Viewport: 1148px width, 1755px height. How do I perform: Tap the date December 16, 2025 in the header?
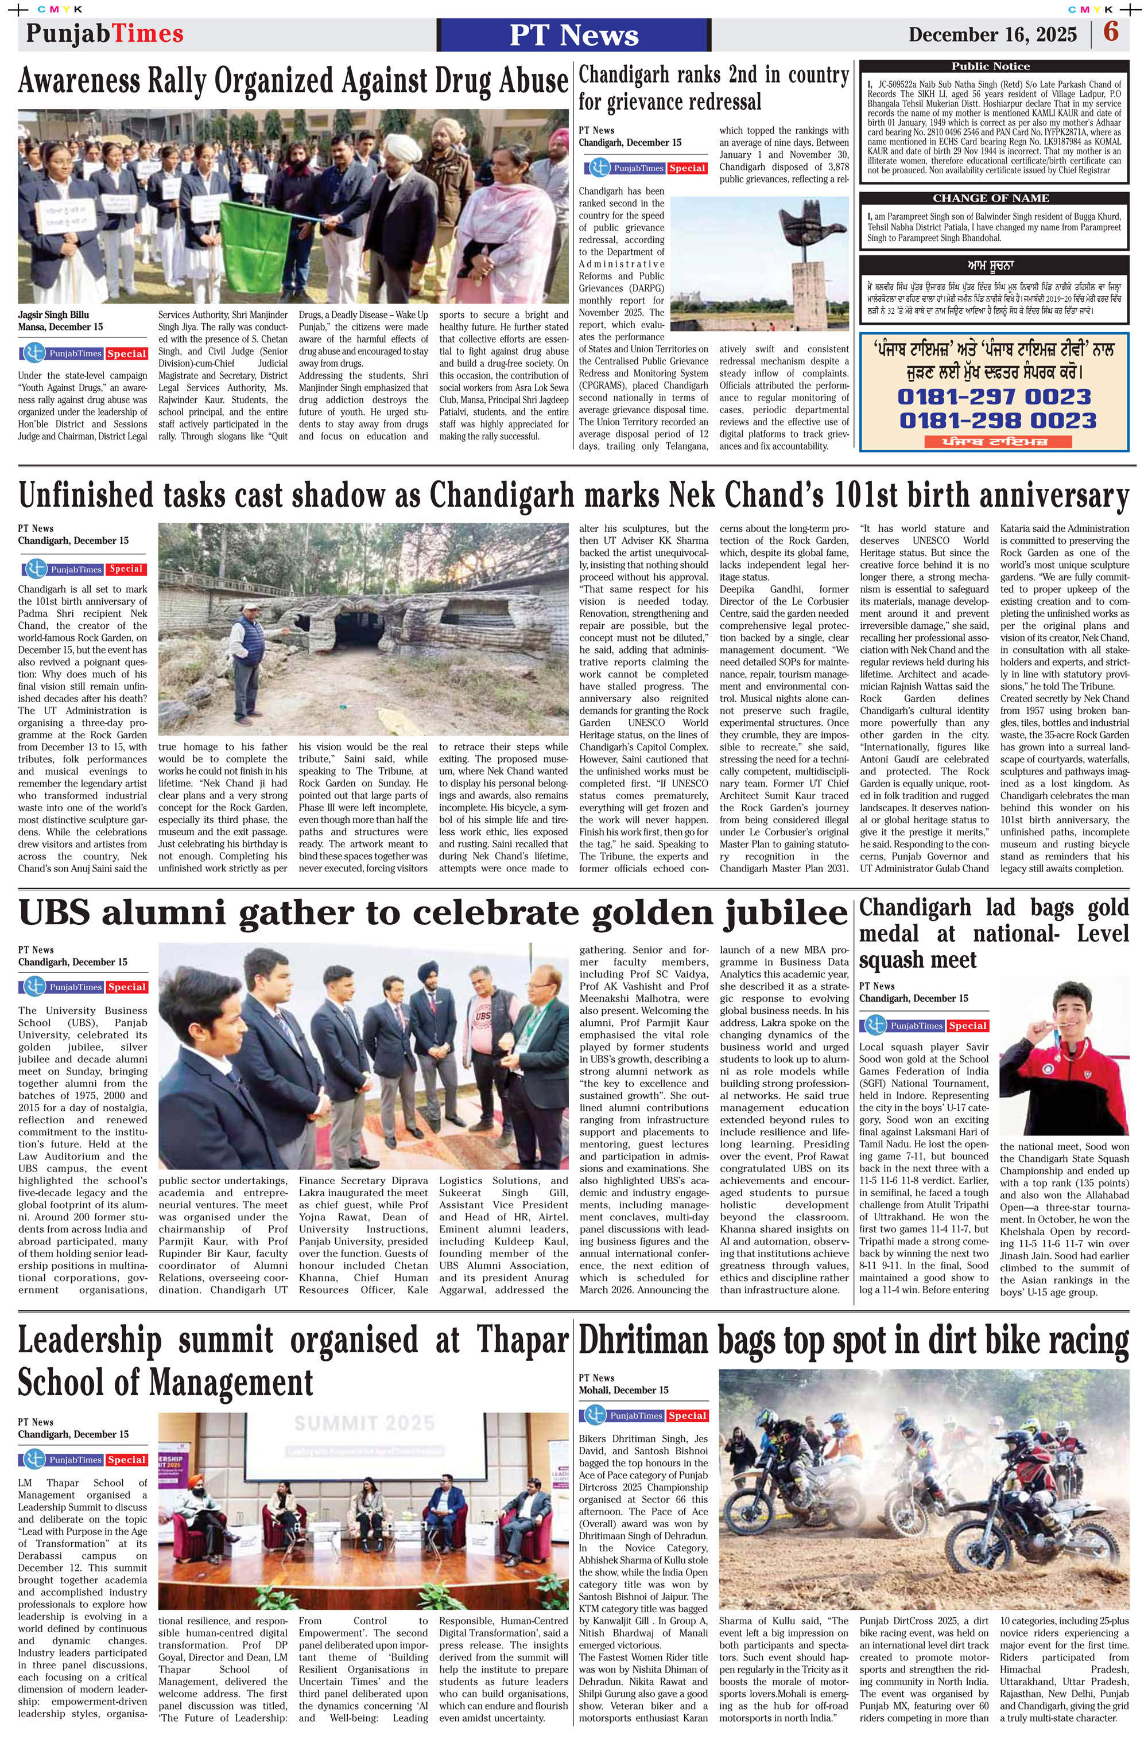tap(992, 34)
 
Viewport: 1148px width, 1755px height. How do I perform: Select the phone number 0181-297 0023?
tap(993, 396)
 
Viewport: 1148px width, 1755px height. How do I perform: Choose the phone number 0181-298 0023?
tap(998, 421)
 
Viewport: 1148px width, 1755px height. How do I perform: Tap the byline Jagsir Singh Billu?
tap(53, 315)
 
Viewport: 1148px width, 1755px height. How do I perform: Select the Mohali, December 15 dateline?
tap(623, 1390)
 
